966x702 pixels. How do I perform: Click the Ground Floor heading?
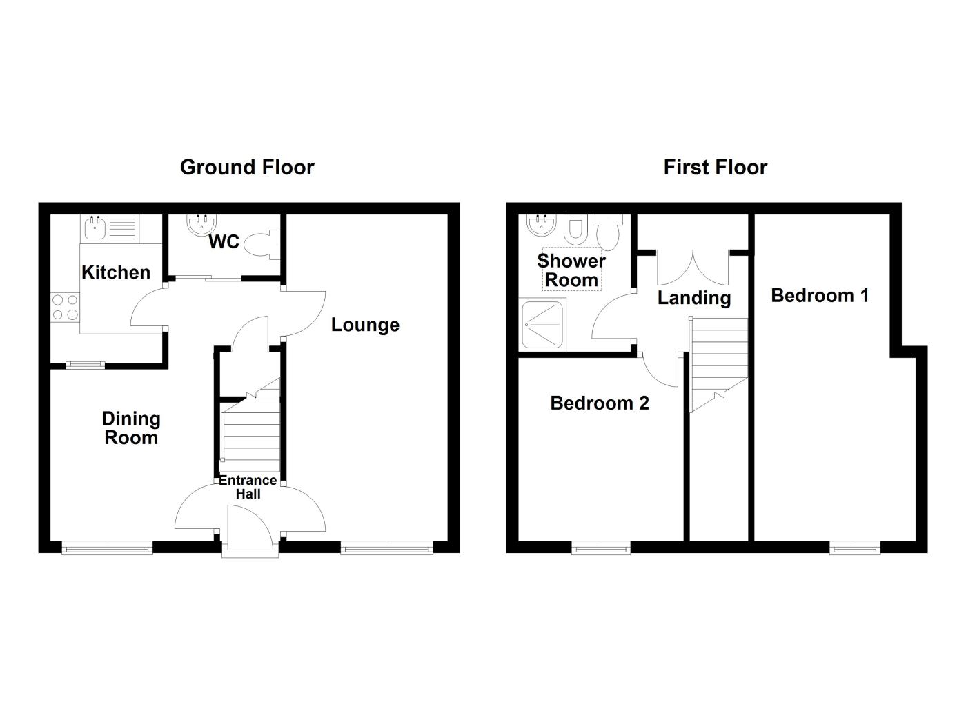coord(247,167)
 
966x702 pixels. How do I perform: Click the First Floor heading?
coord(715,167)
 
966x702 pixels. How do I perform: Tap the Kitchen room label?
coord(116,272)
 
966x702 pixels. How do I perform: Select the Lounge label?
coord(365,325)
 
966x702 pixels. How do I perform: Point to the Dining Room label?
coord(131,428)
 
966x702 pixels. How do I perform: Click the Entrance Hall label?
coord(248,487)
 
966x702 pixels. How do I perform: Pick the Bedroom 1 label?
coord(820,295)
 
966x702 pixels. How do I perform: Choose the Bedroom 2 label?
coord(600,403)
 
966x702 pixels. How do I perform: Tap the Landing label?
coord(693,298)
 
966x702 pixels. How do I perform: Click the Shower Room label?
coord(571,270)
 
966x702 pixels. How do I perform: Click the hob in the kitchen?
coord(64,308)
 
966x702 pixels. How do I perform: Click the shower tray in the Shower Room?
coord(543,324)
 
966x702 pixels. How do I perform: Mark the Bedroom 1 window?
coord(856,548)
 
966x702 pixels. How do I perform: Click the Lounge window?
coord(386,548)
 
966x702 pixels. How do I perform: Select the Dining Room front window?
coord(107,548)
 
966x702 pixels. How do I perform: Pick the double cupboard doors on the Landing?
coord(692,265)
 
